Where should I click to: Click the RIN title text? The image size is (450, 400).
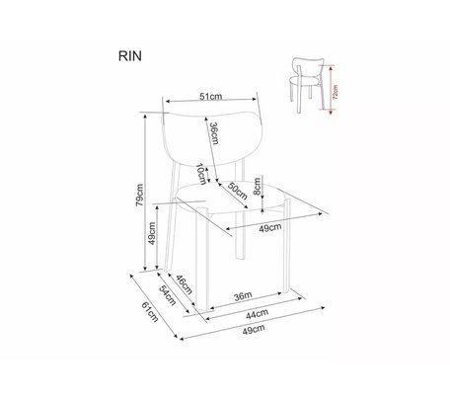point(130,56)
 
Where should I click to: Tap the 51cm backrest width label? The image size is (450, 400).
point(211,96)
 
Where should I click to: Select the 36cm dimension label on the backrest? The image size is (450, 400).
point(214,133)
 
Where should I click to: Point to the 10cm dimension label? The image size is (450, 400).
point(201,174)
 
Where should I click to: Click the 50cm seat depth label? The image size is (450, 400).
point(237,191)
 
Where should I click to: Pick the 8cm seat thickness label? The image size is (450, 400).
point(257,187)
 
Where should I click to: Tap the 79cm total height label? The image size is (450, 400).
point(139,195)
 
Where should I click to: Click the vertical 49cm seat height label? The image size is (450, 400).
point(152,233)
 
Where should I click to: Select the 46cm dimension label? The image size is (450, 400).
point(184,284)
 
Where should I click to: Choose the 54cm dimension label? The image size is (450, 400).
point(168,295)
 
